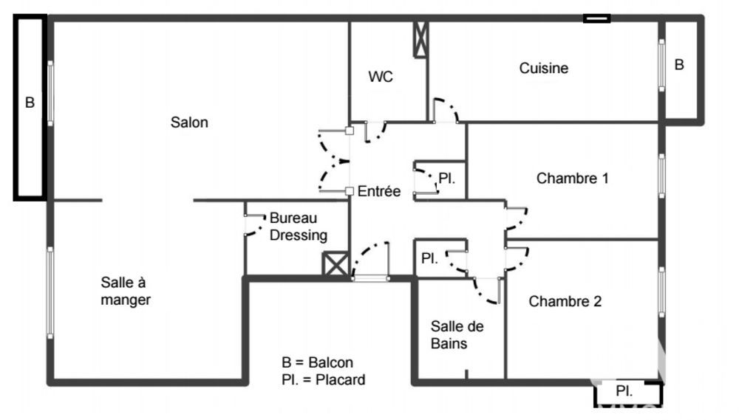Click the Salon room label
pyautogui.click(x=189, y=123)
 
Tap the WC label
pyautogui.click(x=381, y=77)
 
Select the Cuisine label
pyautogui.click(x=544, y=69)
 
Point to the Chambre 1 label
pyautogui.click(x=573, y=178)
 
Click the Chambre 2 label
pyautogui.click(x=565, y=301)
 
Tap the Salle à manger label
pyautogui.click(x=126, y=291)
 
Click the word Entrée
pyautogui.click(x=379, y=192)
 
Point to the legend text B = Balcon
pyautogui.click(x=317, y=363)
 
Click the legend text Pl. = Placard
pyautogui.click(x=323, y=380)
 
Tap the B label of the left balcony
pyautogui.click(x=30, y=103)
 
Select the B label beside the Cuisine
pyautogui.click(x=679, y=65)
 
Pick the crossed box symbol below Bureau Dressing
pyautogui.click(x=335, y=264)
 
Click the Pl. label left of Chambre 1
pyautogui.click(x=446, y=178)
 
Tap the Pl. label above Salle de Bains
pyautogui.click(x=429, y=259)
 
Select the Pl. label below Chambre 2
pyautogui.click(x=624, y=391)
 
